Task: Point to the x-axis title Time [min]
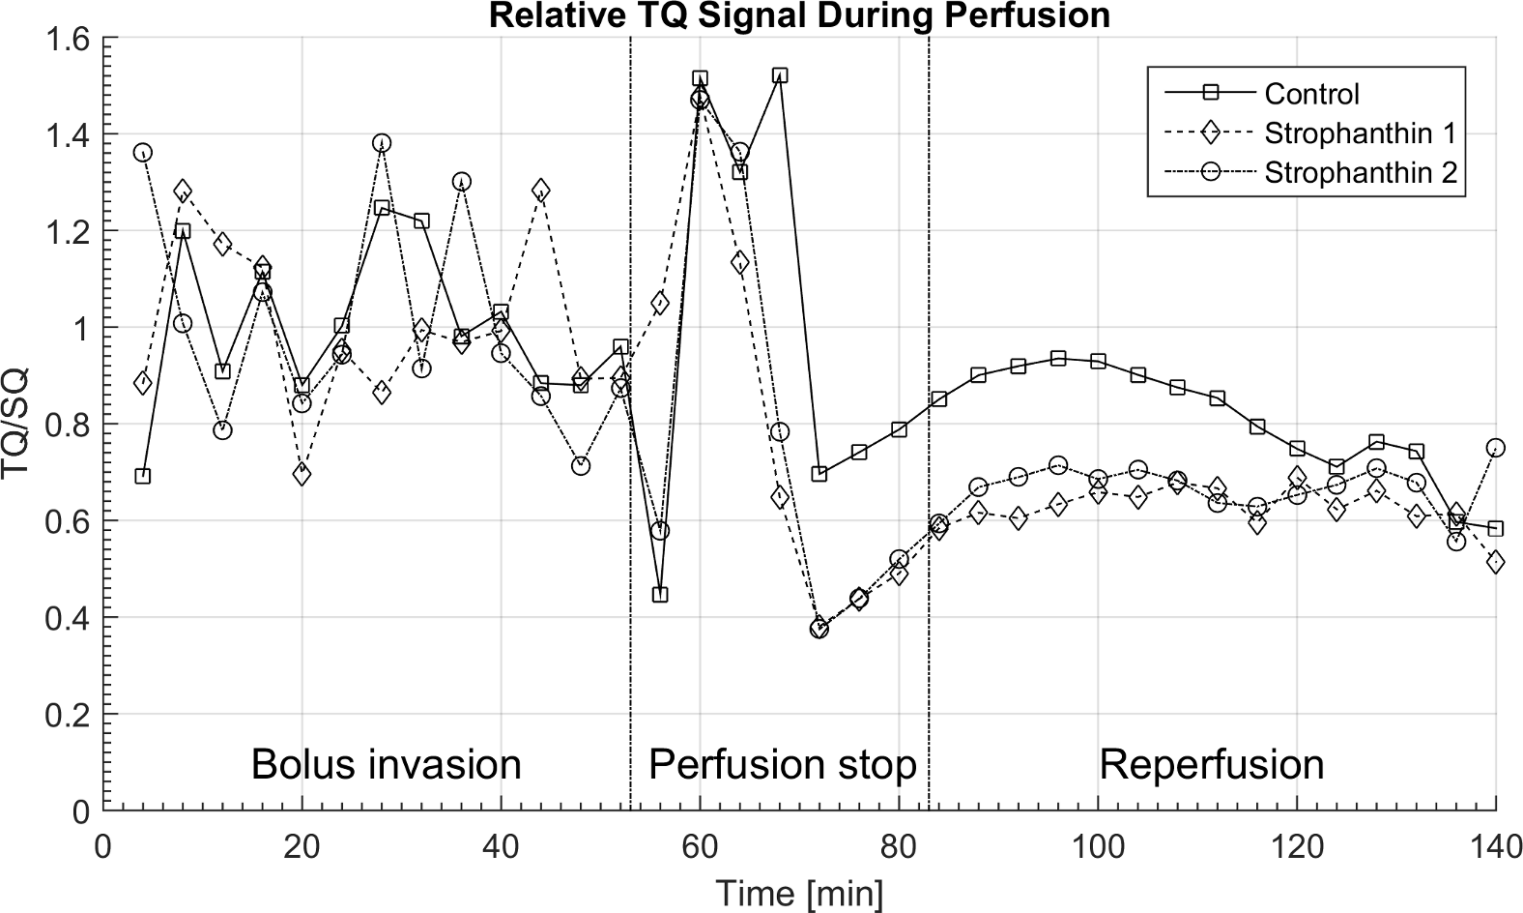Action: [x=799, y=893]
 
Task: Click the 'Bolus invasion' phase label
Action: [x=386, y=765]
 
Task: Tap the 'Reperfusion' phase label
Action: [x=1211, y=765]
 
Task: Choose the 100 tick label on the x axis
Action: [x=1097, y=847]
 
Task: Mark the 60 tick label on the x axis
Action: [x=700, y=847]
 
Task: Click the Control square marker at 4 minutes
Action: [x=143, y=476]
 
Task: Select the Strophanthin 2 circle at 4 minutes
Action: [x=143, y=153]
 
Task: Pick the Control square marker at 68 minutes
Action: [x=780, y=76]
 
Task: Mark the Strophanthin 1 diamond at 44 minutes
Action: [x=541, y=190]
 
